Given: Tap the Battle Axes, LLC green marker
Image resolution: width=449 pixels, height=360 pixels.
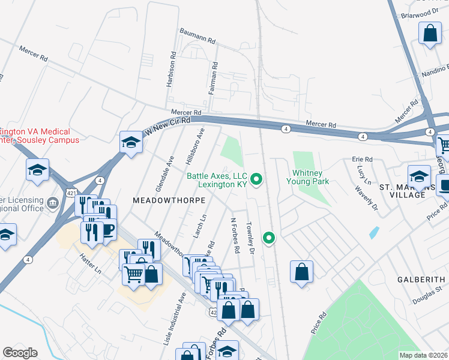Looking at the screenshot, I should point(257,179).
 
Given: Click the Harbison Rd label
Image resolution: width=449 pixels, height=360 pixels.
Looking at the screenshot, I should point(172,69).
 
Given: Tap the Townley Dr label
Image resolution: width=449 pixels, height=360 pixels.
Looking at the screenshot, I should point(251,238).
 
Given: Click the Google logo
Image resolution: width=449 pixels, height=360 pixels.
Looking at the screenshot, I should point(20,353).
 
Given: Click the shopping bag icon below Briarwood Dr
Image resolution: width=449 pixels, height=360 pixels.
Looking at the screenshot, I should point(430,35).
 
